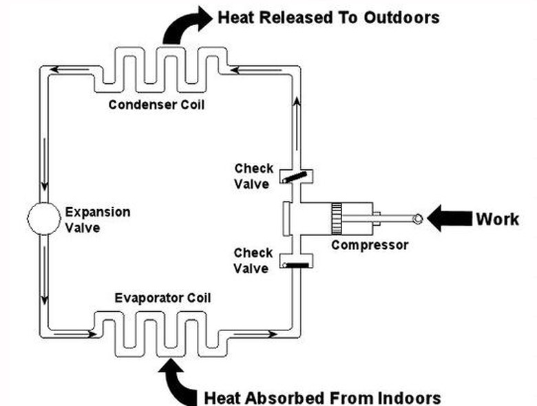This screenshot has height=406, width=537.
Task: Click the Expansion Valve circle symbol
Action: (x=44, y=219)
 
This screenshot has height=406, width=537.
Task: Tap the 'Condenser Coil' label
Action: (x=156, y=105)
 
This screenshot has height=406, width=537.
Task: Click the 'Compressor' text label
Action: (x=370, y=244)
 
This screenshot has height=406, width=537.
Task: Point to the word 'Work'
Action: (x=497, y=219)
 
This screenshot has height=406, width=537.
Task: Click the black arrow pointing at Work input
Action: (x=447, y=219)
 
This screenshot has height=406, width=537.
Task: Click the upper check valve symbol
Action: (x=296, y=177)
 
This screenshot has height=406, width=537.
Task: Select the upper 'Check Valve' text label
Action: (x=253, y=175)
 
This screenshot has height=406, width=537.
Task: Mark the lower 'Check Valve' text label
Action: (x=253, y=260)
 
